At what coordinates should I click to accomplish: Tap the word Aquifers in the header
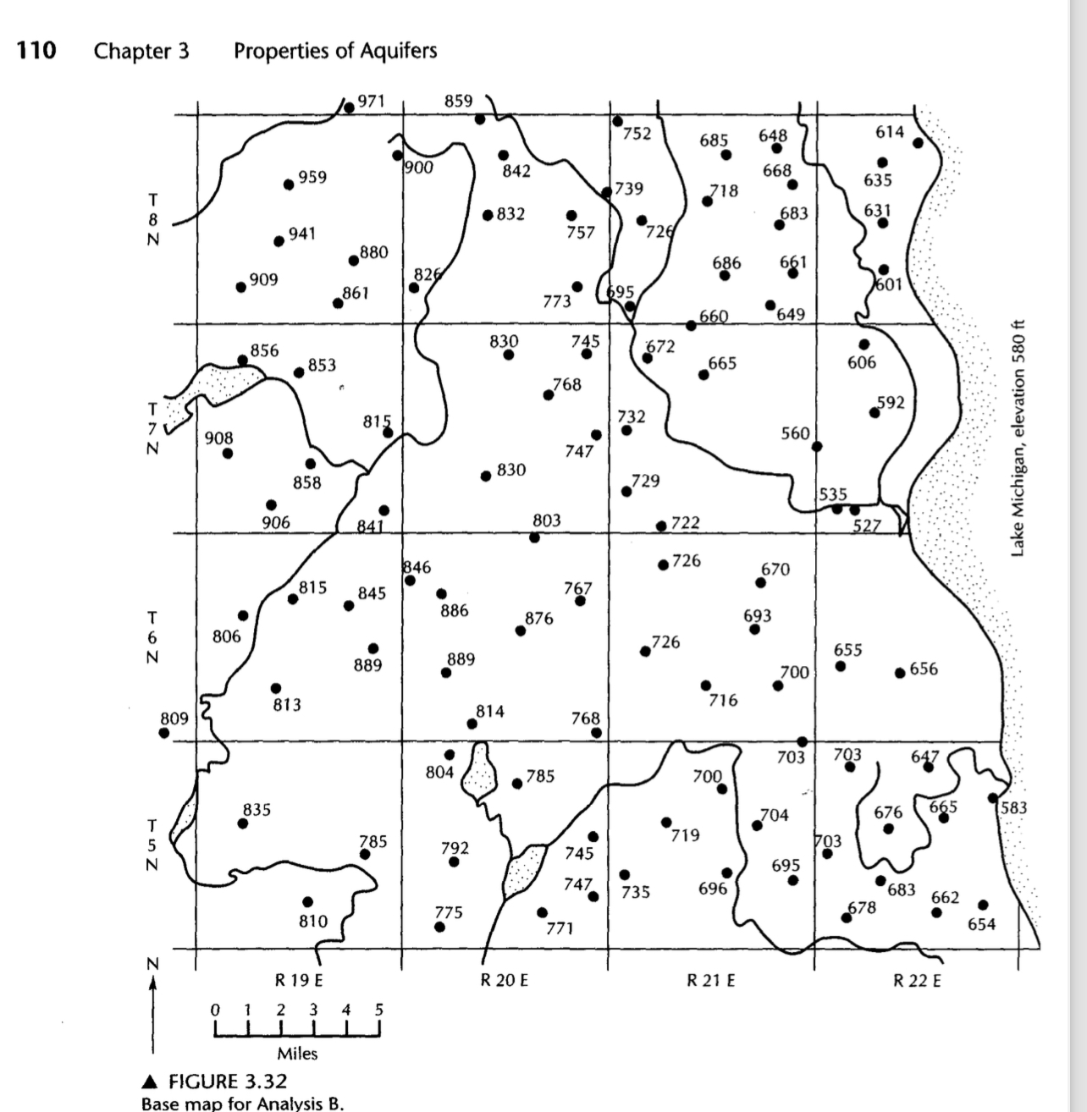(x=397, y=51)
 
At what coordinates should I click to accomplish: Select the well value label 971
(x=371, y=101)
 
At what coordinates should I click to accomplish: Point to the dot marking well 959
(x=289, y=184)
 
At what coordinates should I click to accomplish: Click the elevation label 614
(x=890, y=132)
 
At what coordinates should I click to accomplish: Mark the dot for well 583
(x=992, y=797)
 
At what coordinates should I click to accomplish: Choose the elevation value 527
(x=867, y=526)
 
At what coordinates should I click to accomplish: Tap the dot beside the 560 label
(x=816, y=446)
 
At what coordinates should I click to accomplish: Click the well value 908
(x=218, y=438)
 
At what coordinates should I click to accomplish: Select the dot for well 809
(x=164, y=733)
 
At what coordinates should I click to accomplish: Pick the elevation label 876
(x=539, y=619)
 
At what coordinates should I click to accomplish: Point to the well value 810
(x=313, y=921)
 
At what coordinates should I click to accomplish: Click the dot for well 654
(x=983, y=905)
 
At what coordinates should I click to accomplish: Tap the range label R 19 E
(x=299, y=982)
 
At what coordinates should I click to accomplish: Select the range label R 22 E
(x=918, y=982)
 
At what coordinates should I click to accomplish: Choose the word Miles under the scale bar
(x=297, y=1054)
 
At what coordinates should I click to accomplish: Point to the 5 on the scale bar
(x=378, y=1010)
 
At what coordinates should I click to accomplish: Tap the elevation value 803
(x=546, y=520)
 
